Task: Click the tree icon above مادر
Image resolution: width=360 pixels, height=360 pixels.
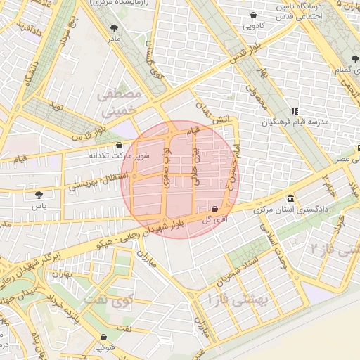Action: [x=115, y=28]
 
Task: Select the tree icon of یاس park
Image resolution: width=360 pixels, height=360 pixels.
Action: [x=38, y=195]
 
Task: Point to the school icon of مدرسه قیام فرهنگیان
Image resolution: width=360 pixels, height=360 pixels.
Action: [x=295, y=110]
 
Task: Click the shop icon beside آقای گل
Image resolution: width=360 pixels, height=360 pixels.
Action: [x=214, y=209]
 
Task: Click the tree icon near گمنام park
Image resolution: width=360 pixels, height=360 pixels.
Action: [x=354, y=59]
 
